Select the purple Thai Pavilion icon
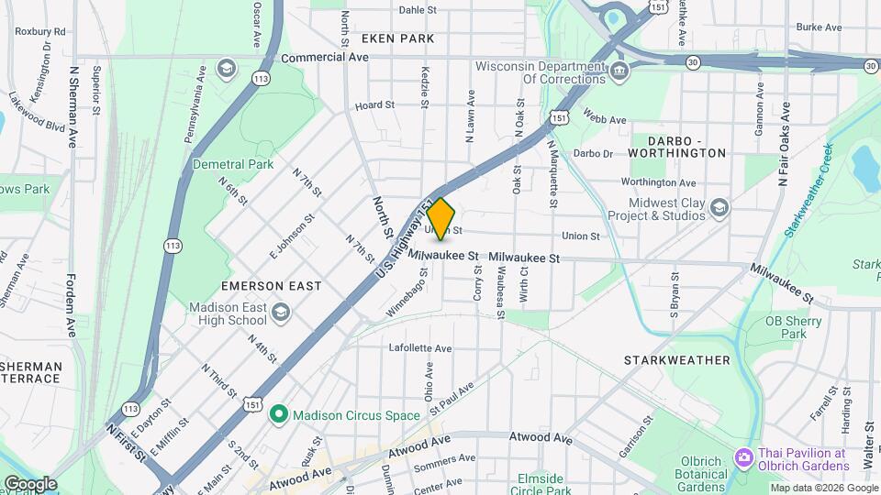(x=742, y=456)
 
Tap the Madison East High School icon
(x=281, y=313)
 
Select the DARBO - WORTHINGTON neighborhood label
(x=678, y=144)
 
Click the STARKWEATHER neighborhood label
(x=677, y=360)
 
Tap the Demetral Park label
(x=233, y=165)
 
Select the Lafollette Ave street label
(x=420, y=348)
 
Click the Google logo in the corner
(x=29, y=484)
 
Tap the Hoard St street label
(x=374, y=105)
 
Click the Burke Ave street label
(x=819, y=27)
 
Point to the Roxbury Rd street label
(x=40, y=31)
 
